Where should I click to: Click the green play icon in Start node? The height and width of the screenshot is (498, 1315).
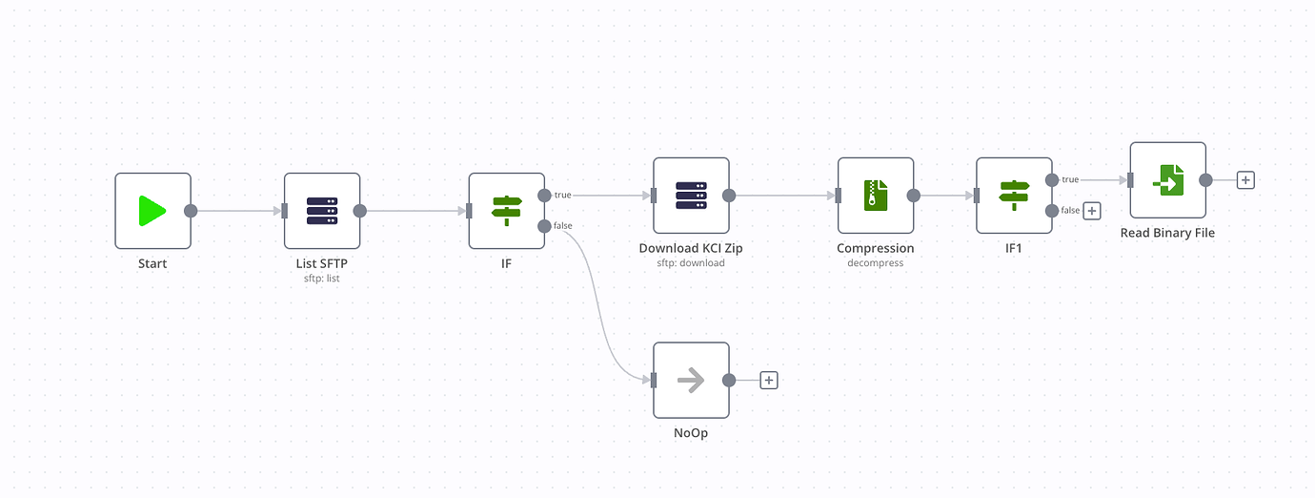coord(152,211)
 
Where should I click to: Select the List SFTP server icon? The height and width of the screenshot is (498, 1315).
coord(322,211)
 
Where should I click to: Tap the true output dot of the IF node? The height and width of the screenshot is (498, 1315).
coord(544,196)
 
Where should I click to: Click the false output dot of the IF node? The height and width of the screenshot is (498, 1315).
coord(544,226)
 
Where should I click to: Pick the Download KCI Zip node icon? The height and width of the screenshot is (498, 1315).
coord(691,196)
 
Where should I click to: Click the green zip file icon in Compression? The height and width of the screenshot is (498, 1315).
coord(875,196)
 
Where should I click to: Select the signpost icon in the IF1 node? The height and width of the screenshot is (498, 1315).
coord(1014,196)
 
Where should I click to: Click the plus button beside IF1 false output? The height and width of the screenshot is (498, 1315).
coord(1092,211)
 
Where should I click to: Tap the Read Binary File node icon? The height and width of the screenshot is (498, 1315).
coord(1167,180)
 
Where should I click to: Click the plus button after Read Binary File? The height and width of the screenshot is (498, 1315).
coord(1244,179)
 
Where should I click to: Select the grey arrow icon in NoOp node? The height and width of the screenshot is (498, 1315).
coord(691,380)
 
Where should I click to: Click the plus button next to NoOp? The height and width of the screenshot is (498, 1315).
coord(769,380)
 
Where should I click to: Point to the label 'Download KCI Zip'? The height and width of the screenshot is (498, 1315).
coord(691,248)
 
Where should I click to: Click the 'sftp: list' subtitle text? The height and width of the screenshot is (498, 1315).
coord(322,278)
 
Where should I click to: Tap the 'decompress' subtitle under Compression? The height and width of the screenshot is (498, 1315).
coord(875,262)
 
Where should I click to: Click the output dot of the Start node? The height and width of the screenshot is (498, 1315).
coord(190,211)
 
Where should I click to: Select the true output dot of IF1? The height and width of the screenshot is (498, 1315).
coord(1052,179)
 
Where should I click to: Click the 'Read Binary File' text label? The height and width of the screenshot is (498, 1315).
coord(1167,233)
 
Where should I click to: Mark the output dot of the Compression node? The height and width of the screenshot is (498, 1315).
coord(913,196)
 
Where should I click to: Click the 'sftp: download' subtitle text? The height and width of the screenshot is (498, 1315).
coord(691,262)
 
